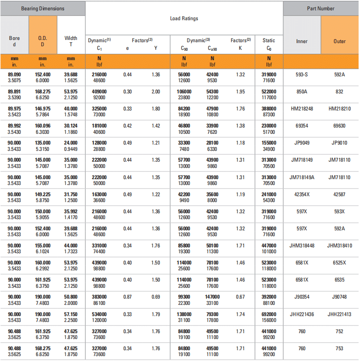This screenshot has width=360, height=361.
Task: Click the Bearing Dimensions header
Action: coord(43,9)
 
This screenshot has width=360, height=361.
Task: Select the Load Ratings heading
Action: coord(184,18)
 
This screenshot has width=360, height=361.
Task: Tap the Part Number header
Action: coord(320,9)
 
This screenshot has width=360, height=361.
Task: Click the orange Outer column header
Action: coord(339,41)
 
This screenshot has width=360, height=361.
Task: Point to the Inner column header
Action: coord(302,41)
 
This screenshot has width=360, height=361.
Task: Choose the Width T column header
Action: coord(71,41)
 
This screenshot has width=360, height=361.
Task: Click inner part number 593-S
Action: coord(302,74)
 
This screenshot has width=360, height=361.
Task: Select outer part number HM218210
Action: coord(339,109)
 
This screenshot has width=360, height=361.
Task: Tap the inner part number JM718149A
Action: coord(302,177)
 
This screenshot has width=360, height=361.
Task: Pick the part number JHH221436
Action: coord(302,314)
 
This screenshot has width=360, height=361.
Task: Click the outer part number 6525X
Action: coord(339,263)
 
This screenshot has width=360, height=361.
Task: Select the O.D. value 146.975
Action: coord(43,109)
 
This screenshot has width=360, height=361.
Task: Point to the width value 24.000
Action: coord(71,143)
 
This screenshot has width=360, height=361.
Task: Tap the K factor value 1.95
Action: coord(240,92)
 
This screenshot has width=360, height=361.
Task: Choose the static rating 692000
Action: coord(269,314)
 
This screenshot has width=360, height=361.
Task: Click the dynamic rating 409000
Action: coord(99,92)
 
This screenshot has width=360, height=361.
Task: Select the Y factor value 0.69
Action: coord(156,297)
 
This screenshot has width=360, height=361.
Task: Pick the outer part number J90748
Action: coord(339,297)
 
